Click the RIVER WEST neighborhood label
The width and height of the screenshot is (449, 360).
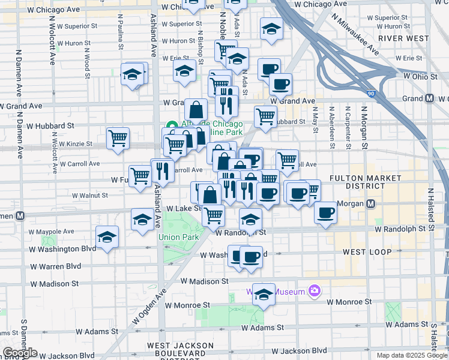click(404, 38)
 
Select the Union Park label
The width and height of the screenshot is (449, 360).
click(179, 237)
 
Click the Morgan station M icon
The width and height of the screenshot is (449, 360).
click(371, 203)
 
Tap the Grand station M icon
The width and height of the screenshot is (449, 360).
click(430, 98)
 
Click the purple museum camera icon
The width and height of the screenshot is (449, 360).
click(315, 292)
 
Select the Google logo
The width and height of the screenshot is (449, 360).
click(20, 353)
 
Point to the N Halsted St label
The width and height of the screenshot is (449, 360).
click(430, 204)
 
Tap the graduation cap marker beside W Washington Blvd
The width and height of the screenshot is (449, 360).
click(107, 236)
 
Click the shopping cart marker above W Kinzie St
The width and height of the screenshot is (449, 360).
click(118, 138)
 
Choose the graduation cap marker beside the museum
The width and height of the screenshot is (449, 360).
click(264, 294)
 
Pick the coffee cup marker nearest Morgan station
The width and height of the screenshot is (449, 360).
click(325, 212)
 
